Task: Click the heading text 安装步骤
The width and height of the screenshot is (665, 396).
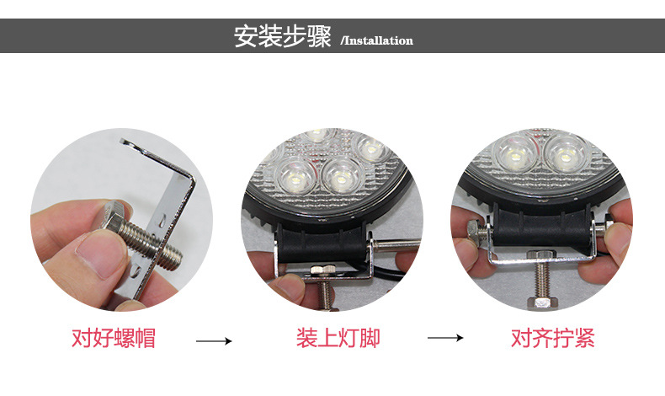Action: coord(283,36)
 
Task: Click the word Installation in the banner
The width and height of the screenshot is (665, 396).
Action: coord(378,40)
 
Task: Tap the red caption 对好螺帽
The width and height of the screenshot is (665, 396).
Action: coord(114,338)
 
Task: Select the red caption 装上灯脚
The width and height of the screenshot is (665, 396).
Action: coord(338,338)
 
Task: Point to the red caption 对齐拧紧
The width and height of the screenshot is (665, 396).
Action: coord(552,338)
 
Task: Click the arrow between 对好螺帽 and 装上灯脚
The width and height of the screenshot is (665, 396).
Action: coord(214,341)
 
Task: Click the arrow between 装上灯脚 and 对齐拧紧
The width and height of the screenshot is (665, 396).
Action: coord(445,338)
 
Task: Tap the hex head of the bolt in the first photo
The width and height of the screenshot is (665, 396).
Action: coord(114,217)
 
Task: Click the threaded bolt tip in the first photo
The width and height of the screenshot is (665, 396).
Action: coord(173,257)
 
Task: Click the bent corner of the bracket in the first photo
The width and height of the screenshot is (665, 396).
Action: coord(189,179)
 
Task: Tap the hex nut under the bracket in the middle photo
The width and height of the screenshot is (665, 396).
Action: coord(322,270)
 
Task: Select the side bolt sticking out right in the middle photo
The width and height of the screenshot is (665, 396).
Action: coord(397,245)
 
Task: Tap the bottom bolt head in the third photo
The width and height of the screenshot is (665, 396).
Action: coord(540,302)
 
